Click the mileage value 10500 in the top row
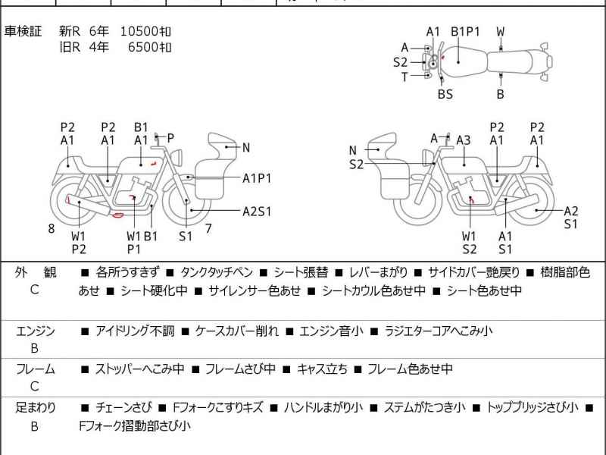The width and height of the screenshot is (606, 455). click(x=139, y=31)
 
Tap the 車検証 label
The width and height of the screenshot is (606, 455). click(x=23, y=31)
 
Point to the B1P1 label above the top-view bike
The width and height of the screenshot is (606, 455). click(x=466, y=31)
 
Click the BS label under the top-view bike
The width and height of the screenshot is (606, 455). click(x=445, y=94)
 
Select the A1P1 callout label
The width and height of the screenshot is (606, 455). click(x=257, y=178)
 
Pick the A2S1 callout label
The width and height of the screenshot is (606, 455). click(x=257, y=211)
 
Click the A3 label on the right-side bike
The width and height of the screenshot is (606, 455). click(x=464, y=140)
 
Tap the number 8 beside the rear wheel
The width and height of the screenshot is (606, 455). click(x=52, y=228)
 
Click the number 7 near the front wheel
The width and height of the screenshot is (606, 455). click(x=208, y=228)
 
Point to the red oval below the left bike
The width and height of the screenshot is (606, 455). click(x=117, y=215)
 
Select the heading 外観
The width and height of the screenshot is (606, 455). click(x=35, y=272)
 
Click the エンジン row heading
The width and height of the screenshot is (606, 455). click(x=35, y=331)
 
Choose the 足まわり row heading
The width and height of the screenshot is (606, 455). click(x=35, y=407)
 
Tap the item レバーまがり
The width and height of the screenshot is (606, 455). click(x=379, y=272)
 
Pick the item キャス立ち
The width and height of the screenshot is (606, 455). click(x=322, y=369)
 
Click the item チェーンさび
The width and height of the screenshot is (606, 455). click(x=124, y=407)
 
